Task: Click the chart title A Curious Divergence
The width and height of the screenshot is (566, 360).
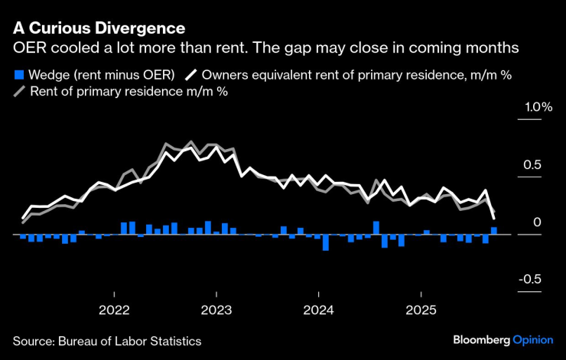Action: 99,28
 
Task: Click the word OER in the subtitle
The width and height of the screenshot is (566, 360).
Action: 28,47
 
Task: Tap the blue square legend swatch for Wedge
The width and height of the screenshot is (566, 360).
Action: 18,75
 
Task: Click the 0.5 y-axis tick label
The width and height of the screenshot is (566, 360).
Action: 532,165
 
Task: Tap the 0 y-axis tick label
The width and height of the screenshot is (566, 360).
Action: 538,222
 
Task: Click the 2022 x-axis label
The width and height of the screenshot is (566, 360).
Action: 114,311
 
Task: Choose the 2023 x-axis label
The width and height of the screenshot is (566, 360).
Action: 216,311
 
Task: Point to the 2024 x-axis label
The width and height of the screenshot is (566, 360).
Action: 318,311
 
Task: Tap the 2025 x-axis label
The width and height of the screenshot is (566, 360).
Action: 421,311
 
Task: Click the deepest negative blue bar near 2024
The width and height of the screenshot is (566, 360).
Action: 326,242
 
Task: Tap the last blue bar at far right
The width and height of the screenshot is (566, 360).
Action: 494,231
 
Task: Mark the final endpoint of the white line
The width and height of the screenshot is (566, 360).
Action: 493,219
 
